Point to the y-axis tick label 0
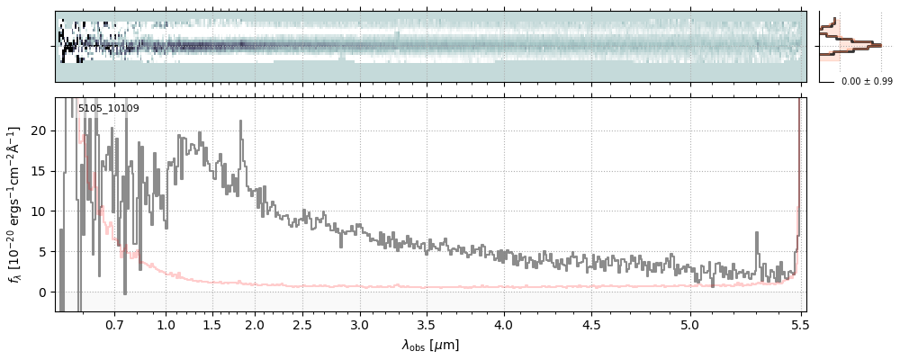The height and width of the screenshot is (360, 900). tap(42, 292)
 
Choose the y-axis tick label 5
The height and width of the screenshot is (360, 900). tap(42, 252)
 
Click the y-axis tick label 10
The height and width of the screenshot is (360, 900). tap(40, 211)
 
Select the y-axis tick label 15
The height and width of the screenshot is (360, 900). tap(40, 171)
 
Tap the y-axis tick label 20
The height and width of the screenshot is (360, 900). tap(40, 130)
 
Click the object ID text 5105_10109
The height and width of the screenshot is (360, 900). tap(108, 109)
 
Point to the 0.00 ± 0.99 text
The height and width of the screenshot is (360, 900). tap(866, 82)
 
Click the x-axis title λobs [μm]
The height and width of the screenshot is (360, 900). tap(430, 345)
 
